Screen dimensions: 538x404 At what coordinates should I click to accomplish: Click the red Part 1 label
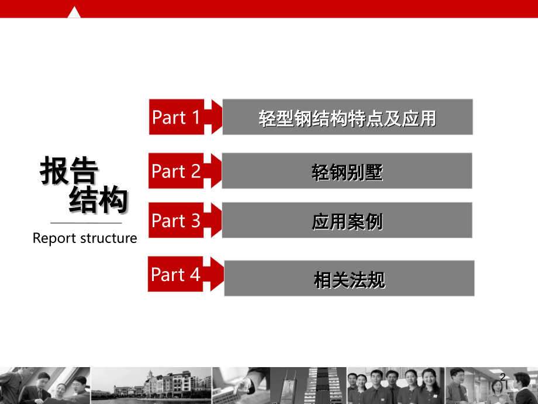pos(177,117)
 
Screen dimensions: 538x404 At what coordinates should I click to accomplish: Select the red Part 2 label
pos(176,171)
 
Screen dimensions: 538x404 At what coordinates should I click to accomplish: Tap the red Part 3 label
pos(176,220)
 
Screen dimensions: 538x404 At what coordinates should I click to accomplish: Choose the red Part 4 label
pos(175,274)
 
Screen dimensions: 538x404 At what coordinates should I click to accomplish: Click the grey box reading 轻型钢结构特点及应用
pos(347,117)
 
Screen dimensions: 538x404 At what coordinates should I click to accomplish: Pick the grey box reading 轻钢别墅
pos(347,171)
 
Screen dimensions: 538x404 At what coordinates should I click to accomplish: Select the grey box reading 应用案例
pos(347,220)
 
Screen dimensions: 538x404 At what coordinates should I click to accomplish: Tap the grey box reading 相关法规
pos(349,278)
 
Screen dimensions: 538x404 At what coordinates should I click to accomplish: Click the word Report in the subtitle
pos(54,238)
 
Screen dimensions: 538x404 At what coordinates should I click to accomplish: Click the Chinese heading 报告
pos(69,170)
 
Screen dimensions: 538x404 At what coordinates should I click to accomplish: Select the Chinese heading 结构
pos(98,199)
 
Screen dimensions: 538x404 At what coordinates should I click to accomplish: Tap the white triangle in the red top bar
pos(74,12)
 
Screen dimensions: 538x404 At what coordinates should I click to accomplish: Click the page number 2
pos(503,377)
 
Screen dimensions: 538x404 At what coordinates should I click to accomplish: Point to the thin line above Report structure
pos(86,223)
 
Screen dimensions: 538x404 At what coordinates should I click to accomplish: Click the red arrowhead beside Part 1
pos(217,117)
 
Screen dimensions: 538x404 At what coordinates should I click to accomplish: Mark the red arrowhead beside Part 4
pos(217,274)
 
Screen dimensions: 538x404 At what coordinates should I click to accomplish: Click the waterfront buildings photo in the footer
pos(151,385)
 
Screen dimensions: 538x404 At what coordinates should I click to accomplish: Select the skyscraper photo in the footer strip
pos(308,385)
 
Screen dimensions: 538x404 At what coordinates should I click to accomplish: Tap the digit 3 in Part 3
pos(195,221)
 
